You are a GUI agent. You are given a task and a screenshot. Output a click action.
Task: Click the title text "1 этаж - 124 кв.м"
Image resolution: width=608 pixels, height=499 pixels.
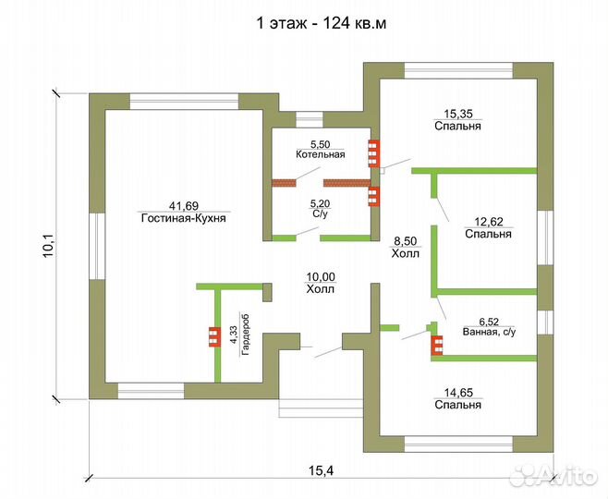pos(322,23)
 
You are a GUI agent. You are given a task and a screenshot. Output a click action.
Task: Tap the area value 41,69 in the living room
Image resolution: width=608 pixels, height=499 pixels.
pos(184,205)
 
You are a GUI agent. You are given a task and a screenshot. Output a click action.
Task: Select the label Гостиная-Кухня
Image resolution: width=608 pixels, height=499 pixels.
pos(184,218)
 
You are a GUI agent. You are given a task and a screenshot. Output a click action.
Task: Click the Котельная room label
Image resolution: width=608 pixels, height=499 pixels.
pos(321,154)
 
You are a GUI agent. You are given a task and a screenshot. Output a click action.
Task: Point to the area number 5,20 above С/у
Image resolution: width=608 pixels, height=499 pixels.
pos(321,203)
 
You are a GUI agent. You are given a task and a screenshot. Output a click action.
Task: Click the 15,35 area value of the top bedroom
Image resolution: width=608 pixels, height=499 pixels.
pos(457,114)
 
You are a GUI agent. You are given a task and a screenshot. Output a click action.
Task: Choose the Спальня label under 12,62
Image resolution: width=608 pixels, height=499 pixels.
pos(488,234)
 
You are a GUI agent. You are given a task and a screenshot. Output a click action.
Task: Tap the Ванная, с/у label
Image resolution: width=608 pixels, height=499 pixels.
pos(489,333)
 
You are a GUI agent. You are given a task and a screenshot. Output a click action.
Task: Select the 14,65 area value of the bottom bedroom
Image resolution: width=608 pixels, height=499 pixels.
pos(458,393)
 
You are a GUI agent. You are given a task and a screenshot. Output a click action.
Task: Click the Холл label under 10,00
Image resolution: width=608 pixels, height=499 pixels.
pos(321,289)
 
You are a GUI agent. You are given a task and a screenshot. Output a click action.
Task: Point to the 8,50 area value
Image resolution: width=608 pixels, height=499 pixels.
pos(406,241)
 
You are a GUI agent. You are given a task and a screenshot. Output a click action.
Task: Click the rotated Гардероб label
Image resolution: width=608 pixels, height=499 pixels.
pos(245,335)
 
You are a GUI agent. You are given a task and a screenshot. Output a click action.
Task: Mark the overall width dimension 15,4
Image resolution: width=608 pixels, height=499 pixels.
pos(322,470)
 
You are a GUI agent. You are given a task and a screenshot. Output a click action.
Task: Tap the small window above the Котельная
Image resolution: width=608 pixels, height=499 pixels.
pos(310,119)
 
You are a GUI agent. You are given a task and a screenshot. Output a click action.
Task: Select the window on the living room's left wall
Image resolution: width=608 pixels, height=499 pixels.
pos(97,246)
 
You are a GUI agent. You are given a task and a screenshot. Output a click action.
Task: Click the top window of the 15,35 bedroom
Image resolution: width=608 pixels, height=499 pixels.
pos(459,70)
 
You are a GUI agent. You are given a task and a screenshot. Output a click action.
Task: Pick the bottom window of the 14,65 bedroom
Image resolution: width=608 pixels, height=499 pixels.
pos(459,444)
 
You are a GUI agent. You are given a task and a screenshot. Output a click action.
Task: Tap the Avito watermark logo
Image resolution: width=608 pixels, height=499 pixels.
pos(553,474)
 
